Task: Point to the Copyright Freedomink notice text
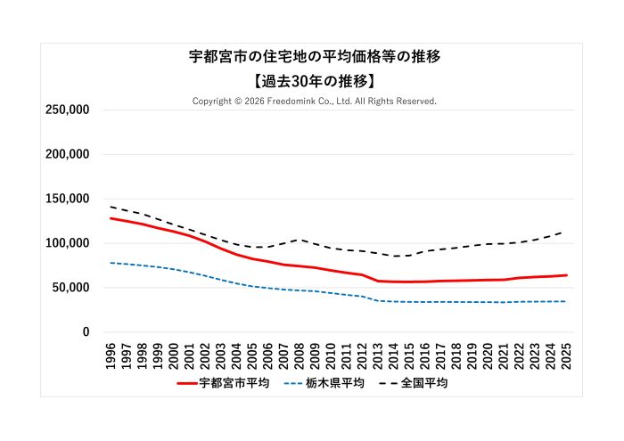pyautogui.click(x=314, y=102)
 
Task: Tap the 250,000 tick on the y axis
pyautogui.click(x=67, y=110)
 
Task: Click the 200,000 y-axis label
pyautogui.click(x=67, y=154)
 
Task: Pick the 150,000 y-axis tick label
pyautogui.click(x=67, y=199)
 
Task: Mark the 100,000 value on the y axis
pyautogui.click(x=67, y=243)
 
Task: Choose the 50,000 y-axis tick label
pyautogui.click(x=70, y=288)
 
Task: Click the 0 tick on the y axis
pyautogui.click(x=86, y=332)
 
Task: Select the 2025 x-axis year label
pyautogui.click(x=566, y=355)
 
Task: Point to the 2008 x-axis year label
pyautogui.click(x=300, y=355)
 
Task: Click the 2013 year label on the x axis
pyautogui.click(x=378, y=355)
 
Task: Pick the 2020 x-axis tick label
pyautogui.click(x=488, y=355)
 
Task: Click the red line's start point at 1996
pyautogui.click(x=111, y=218)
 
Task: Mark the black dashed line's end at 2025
pyautogui.click(x=566, y=231)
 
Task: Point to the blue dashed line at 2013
pyautogui.click(x=378, y=300)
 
